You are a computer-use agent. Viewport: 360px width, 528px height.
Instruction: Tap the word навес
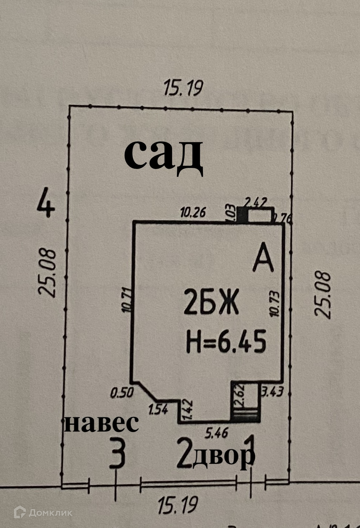[x=101, y=423]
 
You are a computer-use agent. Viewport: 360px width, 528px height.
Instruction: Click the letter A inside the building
[x=263, y=260]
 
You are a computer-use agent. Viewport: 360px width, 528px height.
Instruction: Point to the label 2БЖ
[x=211, y=303]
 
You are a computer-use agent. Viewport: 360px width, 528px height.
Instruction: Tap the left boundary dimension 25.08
[x=47, y=273]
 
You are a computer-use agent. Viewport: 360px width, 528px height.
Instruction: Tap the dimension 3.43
[x=273, y=393]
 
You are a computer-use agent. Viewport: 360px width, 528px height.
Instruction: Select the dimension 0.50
[x=121, y=393]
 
